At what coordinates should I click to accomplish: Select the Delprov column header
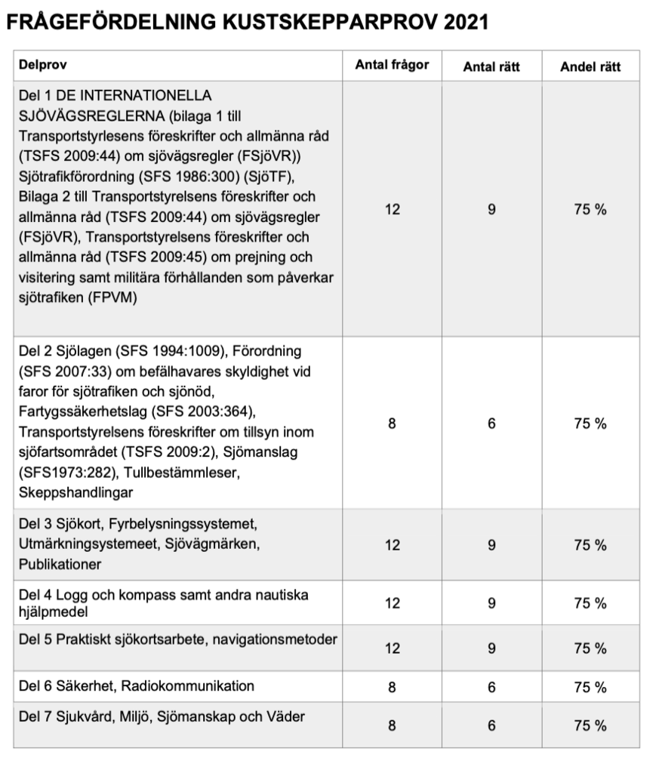(42, 66)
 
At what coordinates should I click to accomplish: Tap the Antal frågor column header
(392, 65)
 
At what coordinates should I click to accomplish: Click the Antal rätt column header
(491, 66)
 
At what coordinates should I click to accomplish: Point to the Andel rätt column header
(590, 66)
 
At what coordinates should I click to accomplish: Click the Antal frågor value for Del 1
(392, 209)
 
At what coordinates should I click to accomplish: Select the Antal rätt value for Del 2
(491, 423)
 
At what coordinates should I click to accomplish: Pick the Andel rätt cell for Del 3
(590, 545)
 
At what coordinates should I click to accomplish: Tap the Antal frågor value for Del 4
(392, 603)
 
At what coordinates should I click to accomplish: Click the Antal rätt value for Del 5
(491, 648)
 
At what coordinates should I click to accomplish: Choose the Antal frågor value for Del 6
(392, 687)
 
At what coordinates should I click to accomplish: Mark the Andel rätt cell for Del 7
(590, 725)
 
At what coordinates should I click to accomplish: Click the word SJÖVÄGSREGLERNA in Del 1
(83, 115)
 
